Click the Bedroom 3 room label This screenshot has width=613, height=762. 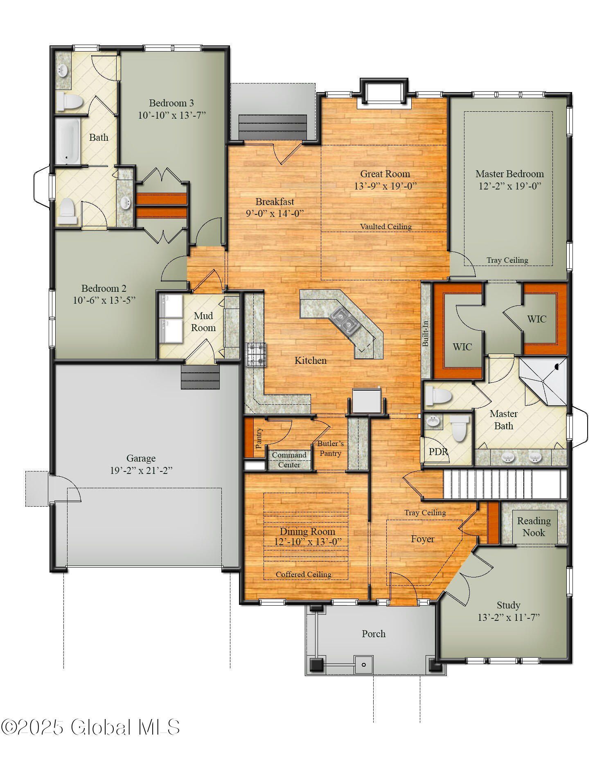[171, 103]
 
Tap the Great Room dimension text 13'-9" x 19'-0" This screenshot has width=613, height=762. [385, 186]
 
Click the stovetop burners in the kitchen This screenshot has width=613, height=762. [256, 354]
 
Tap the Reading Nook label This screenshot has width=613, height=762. [534, 527]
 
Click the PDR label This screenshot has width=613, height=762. [438, 452]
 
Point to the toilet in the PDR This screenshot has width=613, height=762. [460, 428]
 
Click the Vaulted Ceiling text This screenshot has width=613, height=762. [385, 227]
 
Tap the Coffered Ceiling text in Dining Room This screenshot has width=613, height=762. [303, 575]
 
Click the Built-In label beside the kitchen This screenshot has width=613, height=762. [426, 334]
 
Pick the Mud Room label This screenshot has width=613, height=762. [203, 322]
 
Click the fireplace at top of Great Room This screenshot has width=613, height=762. [384, 93]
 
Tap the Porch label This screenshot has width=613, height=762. [373, 634]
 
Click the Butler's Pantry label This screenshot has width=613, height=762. [330, 448]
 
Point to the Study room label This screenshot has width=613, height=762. [508, 605]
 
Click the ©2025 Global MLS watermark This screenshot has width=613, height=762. [90, 728]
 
